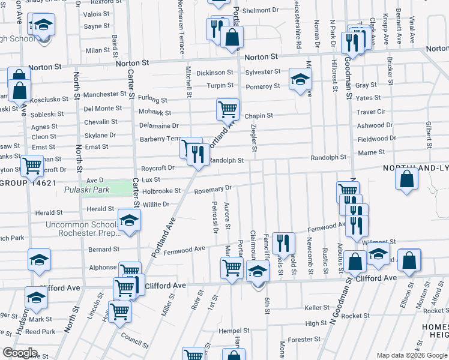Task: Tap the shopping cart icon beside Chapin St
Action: pos(228,110)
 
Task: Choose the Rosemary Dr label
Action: pos(213,190)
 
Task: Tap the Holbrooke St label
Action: pos(161,191)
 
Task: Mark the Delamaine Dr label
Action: pos(158,126)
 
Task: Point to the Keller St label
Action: pos(318,308)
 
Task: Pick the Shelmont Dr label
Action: pos(261,10)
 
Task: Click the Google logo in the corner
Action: pos(19,353)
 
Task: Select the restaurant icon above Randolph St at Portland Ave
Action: pos(198,155)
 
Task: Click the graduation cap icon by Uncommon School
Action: pos(129,221)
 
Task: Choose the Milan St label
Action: pos(98,50)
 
